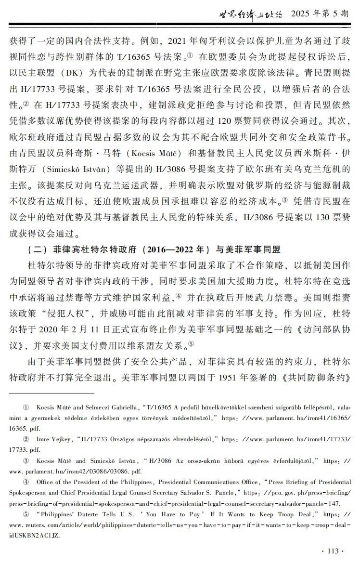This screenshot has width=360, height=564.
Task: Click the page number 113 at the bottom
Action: (333, 551)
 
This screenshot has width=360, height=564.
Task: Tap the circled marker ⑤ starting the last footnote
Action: (26, 514)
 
